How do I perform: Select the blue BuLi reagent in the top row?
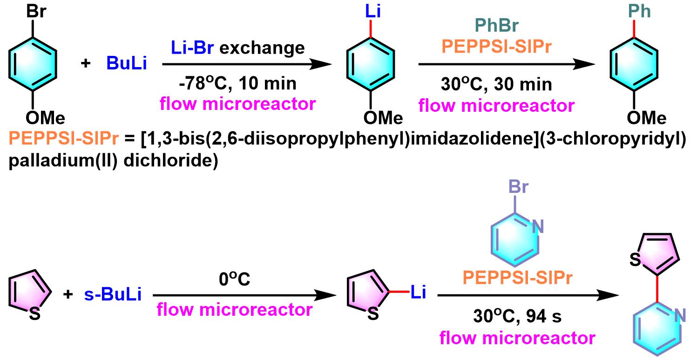(127, 64)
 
